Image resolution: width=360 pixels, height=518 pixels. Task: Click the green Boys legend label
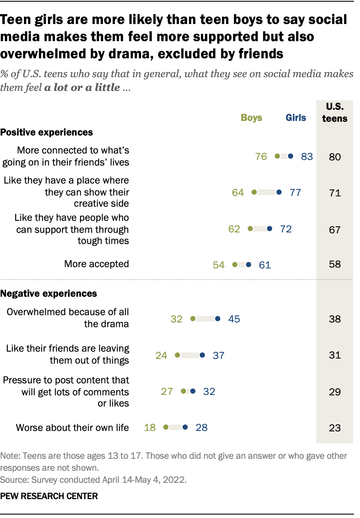tap(251, 117)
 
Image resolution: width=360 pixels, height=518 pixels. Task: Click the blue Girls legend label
tap(296, 117)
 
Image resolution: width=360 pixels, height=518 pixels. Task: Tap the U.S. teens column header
tap(334, 113)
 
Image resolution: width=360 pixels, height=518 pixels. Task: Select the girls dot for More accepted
tap(249, 265)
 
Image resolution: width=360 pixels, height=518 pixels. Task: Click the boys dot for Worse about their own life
tap(166, 427)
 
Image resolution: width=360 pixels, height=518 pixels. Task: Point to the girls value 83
tap(307, 157)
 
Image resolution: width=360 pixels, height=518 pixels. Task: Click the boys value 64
tap(238, 193)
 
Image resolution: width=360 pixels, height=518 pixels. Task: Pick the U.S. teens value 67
tap(335, 229)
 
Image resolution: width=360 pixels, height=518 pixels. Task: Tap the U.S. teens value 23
tap(335, 428)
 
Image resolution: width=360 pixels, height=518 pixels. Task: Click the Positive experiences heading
tap(46, 132)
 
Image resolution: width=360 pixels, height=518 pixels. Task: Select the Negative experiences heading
tap(48, 294)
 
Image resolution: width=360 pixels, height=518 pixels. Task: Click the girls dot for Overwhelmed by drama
tap(218, 319)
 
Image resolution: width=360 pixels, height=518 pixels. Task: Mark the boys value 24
tap(161, 355)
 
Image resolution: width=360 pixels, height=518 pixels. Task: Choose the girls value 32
tap(209, 391)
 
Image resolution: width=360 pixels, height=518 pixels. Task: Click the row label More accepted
tap(96, 264)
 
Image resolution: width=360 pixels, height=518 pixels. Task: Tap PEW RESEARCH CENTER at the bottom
tap(49, 496)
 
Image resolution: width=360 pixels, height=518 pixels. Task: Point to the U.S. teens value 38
tap(335, 319)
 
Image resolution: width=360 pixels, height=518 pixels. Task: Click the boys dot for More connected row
tap(277, 157)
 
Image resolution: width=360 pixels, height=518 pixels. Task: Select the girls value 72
tap(285, 229)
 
